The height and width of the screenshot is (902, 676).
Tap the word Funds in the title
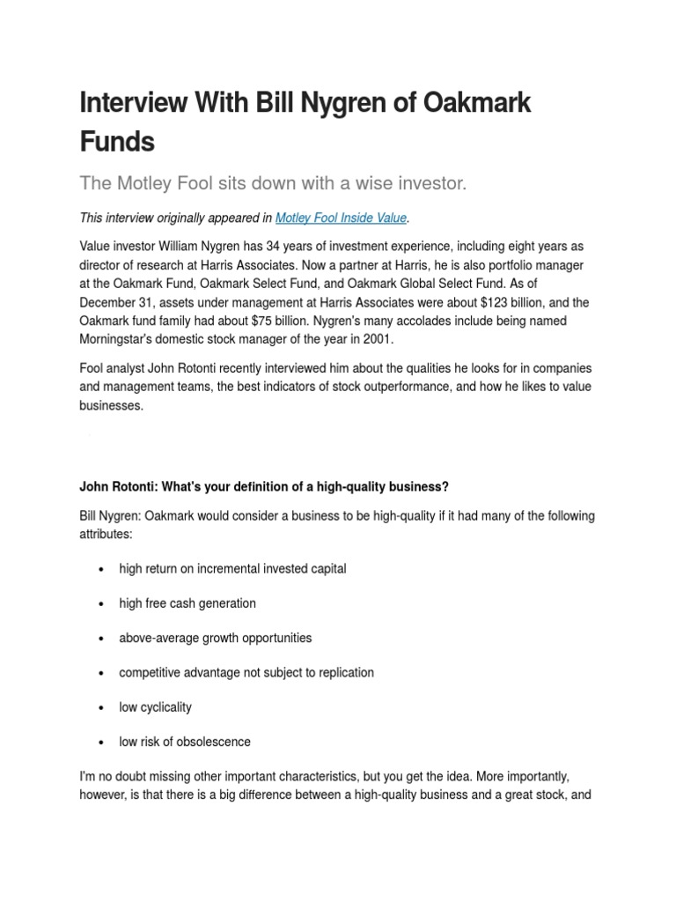(116, 141)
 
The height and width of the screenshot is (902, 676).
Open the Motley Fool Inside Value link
(331, 218)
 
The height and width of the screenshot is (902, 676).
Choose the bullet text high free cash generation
(187, 603)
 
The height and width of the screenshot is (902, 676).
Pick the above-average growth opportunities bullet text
(216, 638)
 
